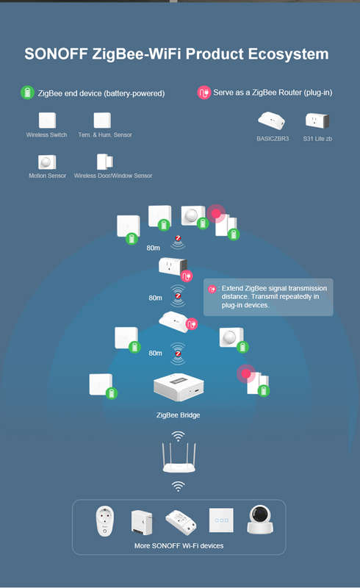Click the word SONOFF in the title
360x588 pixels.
(56, 54)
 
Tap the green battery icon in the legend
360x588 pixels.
(27, 93)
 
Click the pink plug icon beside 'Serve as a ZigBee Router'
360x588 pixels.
(204, 93)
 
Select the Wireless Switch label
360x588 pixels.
(46, 135)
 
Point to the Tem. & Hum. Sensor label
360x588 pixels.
(105, 135)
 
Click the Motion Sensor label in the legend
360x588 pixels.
(47, 176)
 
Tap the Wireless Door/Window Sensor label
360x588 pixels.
(113, 176)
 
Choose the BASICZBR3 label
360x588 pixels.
(273, 139)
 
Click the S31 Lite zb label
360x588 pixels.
(317, 139)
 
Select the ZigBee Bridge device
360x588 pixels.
(179, 388)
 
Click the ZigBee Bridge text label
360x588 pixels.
(178, 415)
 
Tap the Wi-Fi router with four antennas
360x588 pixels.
(179, 457)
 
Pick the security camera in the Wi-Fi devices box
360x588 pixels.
(260, 520)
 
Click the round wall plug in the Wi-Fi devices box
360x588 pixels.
(104, 521)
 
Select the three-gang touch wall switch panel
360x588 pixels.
(221, 520)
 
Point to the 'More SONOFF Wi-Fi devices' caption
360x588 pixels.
(179, 546)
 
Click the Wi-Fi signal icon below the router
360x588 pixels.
(178, 487)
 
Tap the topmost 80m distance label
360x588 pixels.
(153, 248)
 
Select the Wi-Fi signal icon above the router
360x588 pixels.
(178, 436)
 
